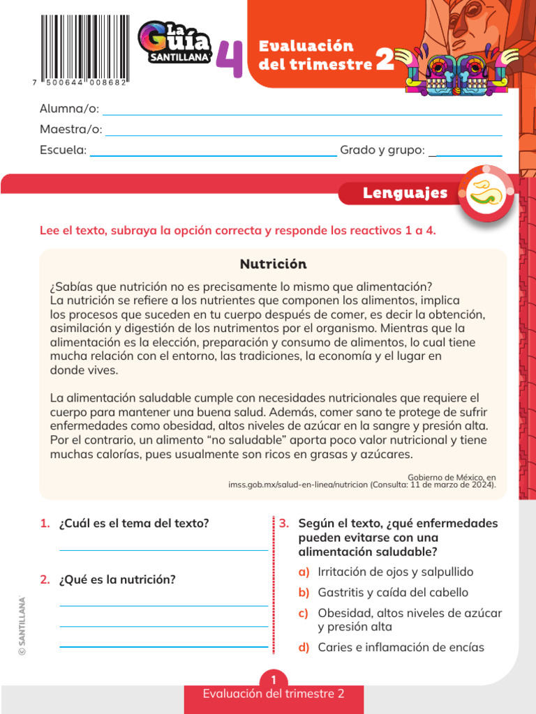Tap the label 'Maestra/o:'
click(x=71, y=130)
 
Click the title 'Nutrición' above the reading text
click(x=273, y=264)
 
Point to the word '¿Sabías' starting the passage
click(x=70, y=287)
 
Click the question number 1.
click(x=45, y=523)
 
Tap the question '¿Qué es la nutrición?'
click(x=117, y=579)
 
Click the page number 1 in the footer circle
click(x=274, y=680)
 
